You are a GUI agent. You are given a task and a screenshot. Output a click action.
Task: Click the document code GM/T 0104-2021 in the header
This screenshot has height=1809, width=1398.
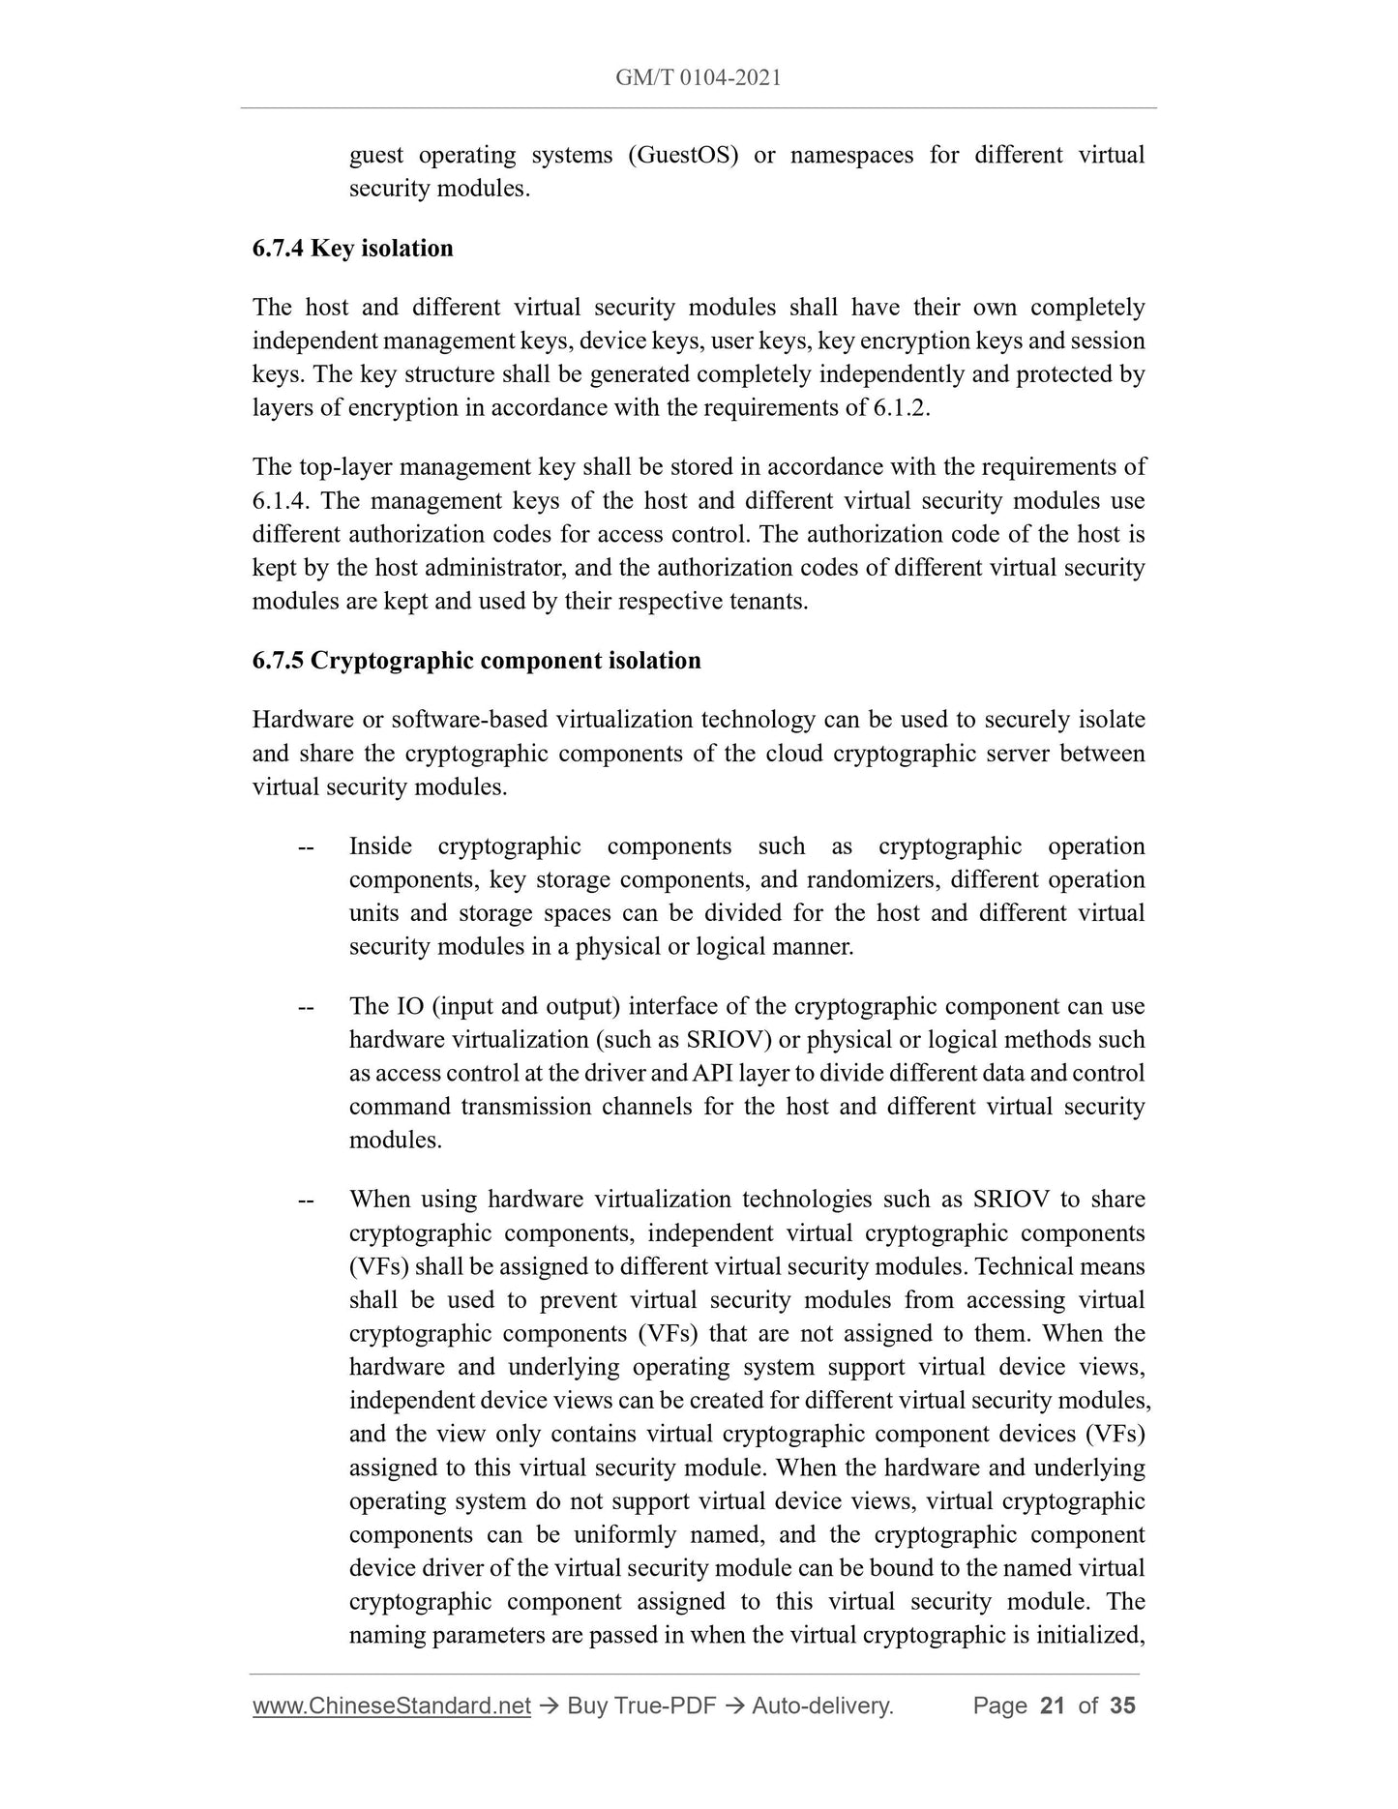point(698,77)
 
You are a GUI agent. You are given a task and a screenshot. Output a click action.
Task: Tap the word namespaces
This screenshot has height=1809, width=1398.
point(851,155)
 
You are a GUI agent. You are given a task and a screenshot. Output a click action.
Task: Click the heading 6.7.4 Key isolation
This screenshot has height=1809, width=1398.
point(352,249)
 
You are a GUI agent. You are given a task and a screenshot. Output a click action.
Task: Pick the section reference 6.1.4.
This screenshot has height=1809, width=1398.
point(283,501)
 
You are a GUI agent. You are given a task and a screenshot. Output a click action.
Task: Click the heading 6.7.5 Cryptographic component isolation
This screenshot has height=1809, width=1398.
point(476,661)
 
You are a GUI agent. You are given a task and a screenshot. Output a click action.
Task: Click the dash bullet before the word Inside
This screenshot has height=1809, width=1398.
point(306,847)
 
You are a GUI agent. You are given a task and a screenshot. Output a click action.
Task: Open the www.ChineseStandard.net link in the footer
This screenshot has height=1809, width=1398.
point(392,1705)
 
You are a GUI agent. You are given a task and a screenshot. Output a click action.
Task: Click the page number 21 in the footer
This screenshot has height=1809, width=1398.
point(1052,1705)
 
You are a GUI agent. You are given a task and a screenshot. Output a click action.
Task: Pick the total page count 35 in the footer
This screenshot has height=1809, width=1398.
point(1122,1705)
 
